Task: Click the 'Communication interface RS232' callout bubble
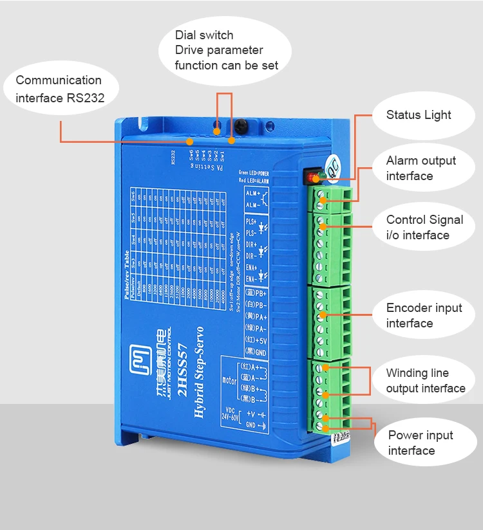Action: [59, 89]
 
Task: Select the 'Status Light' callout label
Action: [419, 116]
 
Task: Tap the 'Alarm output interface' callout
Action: [421, 169]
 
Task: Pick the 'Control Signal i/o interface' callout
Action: [424, 227]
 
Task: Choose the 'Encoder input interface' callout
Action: [424, 315]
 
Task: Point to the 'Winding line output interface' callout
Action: [425, 381]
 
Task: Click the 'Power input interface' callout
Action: [421, 443]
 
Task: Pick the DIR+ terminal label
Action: [252, 245]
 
